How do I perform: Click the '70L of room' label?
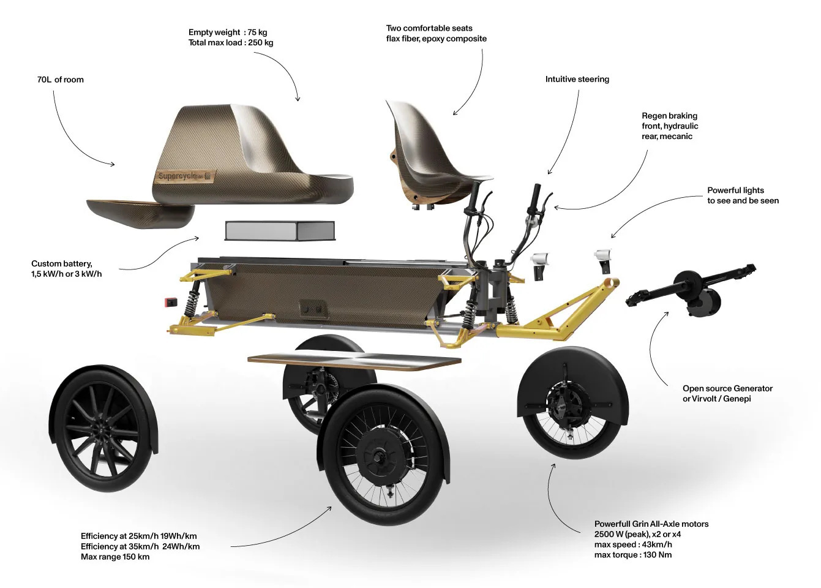(61, 80)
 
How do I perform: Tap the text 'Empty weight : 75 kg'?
(228, 32)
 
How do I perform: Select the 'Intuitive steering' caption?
(577, 79)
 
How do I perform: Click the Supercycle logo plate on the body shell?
(186, 176)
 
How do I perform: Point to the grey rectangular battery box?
(280, 231)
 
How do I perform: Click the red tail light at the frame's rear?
(171, 302)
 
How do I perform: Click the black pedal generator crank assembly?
(691, 289)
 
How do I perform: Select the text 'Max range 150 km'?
(115, 557)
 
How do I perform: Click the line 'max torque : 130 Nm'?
(633, 555)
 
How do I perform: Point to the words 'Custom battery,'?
(62, 263)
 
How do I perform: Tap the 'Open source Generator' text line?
(727, 388)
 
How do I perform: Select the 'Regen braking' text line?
(669, 116)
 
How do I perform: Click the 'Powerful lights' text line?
(735, 190)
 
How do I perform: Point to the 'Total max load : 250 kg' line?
(231, 42)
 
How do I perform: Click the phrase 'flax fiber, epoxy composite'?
(436, 39)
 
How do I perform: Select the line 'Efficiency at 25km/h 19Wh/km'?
(138, 536)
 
